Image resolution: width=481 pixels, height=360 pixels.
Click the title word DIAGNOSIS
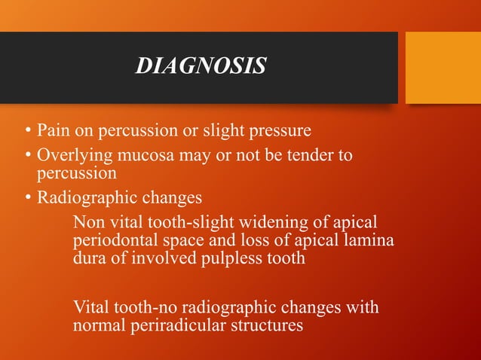pyautogui.click(x=201, y=67)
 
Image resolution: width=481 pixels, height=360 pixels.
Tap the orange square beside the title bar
pyautogui.click(x=443, y=67)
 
